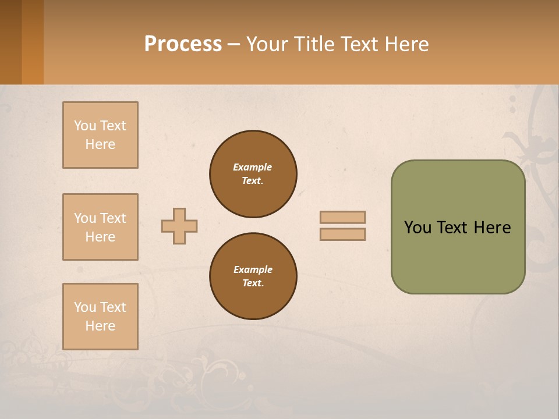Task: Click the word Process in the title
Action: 183,44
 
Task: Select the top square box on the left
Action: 100,135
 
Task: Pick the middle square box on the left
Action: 100,227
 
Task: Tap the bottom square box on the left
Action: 100,317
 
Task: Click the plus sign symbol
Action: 179,226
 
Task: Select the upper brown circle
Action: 253,174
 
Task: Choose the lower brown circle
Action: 253,276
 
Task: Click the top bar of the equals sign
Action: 343,218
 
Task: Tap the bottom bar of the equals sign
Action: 343,235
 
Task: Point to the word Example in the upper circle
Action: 253,167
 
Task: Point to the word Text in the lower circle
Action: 252,283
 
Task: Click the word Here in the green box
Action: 492,228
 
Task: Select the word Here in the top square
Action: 100,144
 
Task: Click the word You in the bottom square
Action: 85,307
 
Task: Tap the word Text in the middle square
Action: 114,218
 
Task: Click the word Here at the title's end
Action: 408,44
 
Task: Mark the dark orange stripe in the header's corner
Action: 32,42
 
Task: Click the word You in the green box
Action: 418,228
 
